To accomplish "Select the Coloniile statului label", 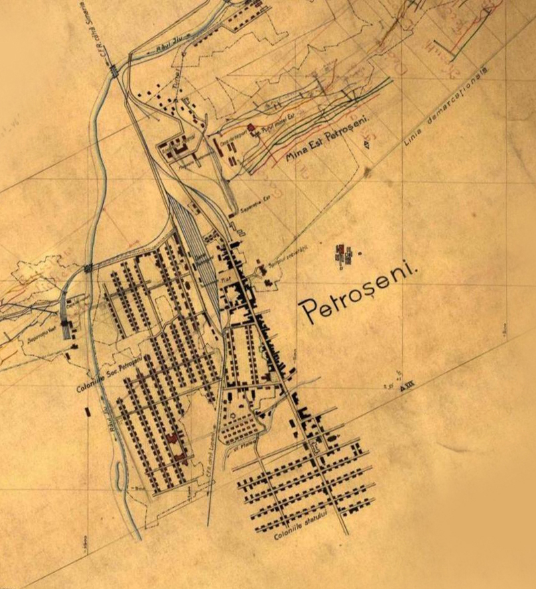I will coord(301,529).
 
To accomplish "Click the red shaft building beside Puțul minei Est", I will coord(251,127).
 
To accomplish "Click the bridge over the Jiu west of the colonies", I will coord(88,269).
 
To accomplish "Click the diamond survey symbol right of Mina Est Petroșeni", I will coord(366,144).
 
